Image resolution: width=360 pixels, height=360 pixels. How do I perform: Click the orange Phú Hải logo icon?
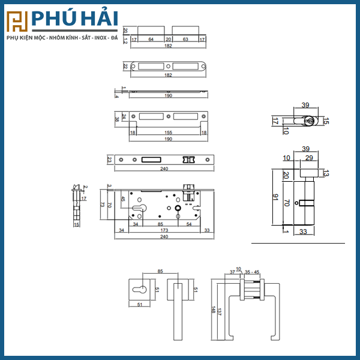(x=16, y=22)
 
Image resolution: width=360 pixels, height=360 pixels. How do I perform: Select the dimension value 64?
(x=151, y=39)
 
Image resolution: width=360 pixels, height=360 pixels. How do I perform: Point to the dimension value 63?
(x=185, y=39)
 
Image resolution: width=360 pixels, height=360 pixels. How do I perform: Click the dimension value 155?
(x=168, y=132)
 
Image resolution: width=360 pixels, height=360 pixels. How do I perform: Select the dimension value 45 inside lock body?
(x=123, y=199)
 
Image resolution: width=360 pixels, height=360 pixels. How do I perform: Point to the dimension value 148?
(x=213, y=310)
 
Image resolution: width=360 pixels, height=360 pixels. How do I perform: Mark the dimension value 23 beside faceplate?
(x=109, y=160)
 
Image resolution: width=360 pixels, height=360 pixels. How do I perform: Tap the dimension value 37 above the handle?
(x=233, y=271)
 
